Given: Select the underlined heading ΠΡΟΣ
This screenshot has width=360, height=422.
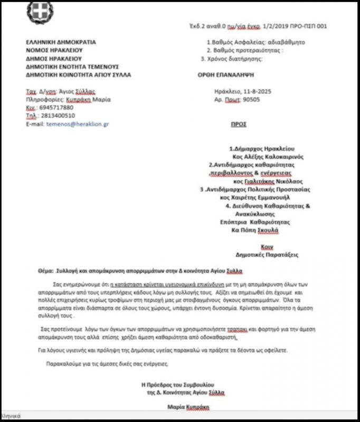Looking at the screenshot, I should (239, 124).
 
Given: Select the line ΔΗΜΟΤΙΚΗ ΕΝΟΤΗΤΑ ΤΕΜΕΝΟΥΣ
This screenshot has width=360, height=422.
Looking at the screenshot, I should (72, 67).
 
